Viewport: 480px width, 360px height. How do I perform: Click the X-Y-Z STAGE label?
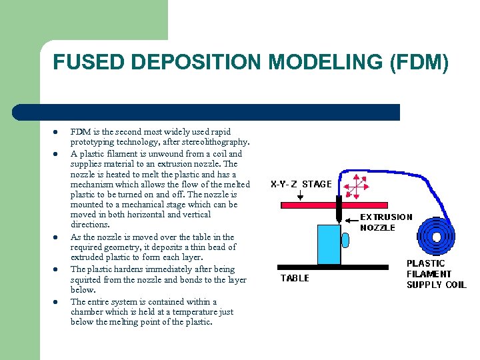coord(301,183)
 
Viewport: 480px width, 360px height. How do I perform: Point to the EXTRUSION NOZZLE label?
coord(387,222)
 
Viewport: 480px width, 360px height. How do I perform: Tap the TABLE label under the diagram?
coord(295,278)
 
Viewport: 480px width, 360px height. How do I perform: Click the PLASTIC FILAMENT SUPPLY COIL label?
coord(437,274)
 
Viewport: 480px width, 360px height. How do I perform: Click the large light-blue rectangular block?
coord(329,245)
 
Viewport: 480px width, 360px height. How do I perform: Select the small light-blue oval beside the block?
coord(346,239)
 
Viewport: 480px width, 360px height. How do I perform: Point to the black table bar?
coord(333,267)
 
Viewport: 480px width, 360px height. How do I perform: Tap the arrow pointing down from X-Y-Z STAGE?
coord(301,195)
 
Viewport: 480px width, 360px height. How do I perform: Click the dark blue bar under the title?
coord(207,112)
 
